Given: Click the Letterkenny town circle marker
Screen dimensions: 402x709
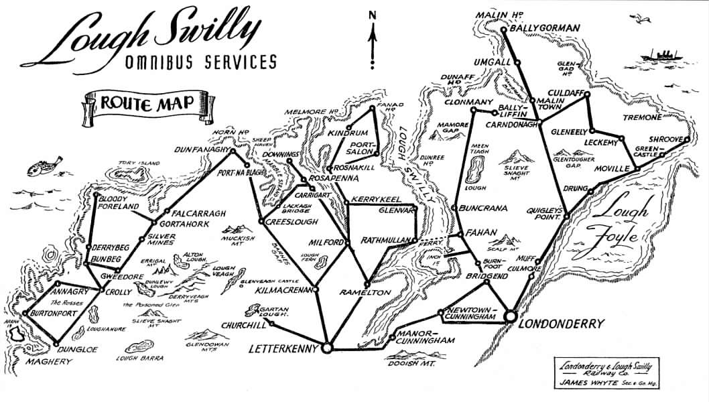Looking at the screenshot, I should [x=327, y=348].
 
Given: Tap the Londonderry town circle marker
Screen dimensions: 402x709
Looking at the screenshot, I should [x=509, y=316].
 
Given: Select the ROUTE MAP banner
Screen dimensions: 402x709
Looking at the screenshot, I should [x=148, y=104].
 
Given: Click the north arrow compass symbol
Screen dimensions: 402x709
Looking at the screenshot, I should [x=372, y=37].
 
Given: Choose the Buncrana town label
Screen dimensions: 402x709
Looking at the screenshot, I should [x=482, y=208].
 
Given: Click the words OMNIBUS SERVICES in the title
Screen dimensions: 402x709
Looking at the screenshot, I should [x=200, y=63].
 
